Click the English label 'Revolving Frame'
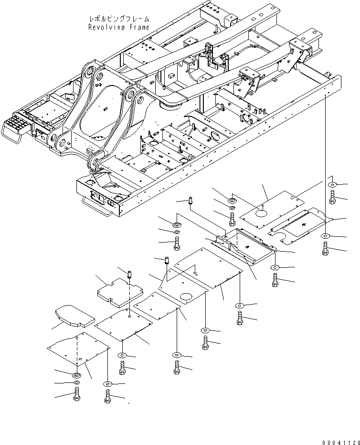119,27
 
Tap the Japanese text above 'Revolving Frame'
119,19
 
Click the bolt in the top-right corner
332,196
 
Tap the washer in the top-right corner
332,185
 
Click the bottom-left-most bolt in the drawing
76,395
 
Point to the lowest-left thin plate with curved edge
76,353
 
